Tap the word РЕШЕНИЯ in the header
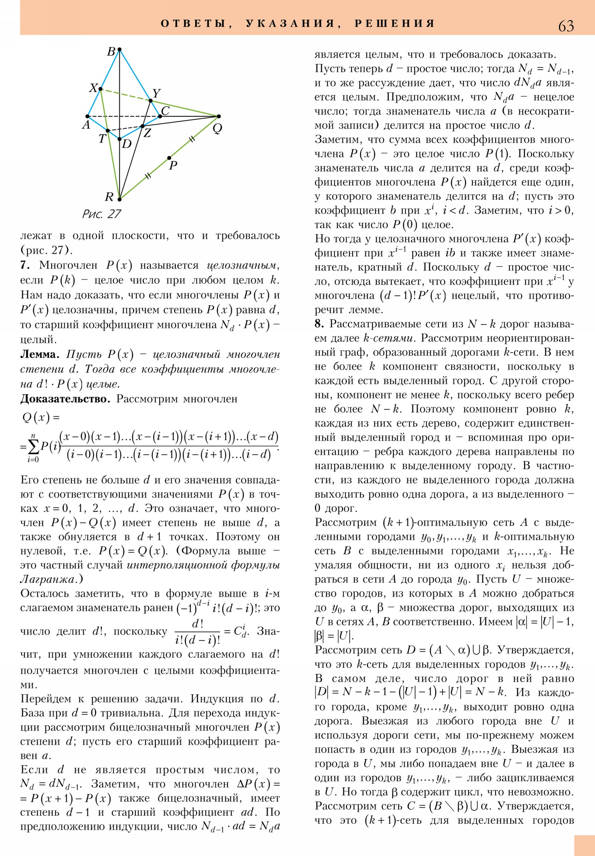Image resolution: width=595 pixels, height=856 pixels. click(395, 23)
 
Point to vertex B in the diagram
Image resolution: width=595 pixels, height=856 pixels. click(119, 49)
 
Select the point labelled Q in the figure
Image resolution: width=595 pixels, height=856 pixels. click(219, 116)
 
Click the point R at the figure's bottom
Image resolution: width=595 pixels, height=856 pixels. click(119, 199)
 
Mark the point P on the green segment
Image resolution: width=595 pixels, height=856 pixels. click(169, 158)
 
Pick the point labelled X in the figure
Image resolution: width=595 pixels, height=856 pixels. click(100, 89)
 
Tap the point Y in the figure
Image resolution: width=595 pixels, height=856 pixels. click(151, 100)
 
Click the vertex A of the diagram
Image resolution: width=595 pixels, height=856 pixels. click(87, 116)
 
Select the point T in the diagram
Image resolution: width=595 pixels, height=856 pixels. click(107, 131)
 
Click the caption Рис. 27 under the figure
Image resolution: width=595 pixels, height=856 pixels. click(102, 214)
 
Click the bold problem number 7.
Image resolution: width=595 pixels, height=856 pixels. click(25, 265)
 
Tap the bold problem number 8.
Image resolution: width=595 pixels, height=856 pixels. click(319, 324)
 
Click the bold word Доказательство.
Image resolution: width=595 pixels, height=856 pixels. click(65, 399)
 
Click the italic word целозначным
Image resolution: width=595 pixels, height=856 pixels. click(242, 265)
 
